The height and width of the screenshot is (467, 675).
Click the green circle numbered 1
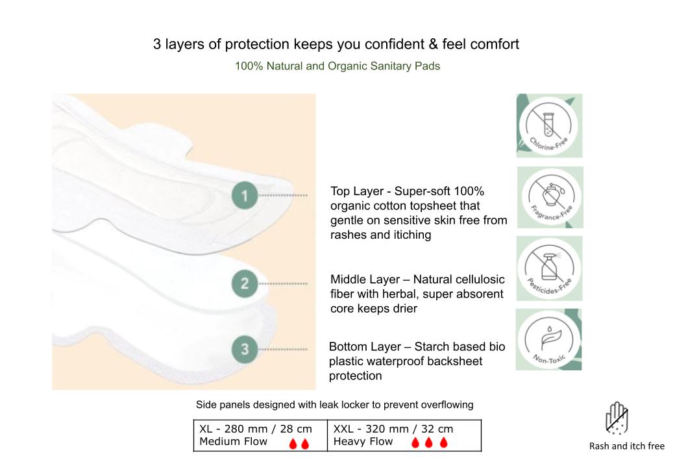[x=245, y=195]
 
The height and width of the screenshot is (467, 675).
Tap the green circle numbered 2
[x=245, y=283]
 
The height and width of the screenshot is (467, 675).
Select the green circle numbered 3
[x=245, y=350]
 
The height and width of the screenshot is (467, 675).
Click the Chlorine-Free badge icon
[x=549, y=126]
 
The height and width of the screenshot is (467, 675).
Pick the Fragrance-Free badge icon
[x=550, y=197]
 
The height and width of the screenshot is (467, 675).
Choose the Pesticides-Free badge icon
[x=549, y=269]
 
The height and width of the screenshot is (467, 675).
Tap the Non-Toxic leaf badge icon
[x=548, y=339]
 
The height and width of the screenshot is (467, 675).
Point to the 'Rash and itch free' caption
[x=626, y=446]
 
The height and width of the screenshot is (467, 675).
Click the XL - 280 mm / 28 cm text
[x=255, y=429]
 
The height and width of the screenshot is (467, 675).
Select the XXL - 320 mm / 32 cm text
[x=393, y=429]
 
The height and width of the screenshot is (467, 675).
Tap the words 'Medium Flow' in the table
[x=234, y=442]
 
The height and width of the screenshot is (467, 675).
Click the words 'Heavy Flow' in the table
[x=363, y=442]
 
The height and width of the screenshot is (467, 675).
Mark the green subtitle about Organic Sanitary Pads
[x=337, y=66]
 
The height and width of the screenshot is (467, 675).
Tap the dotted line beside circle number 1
[x=282, y=195]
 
